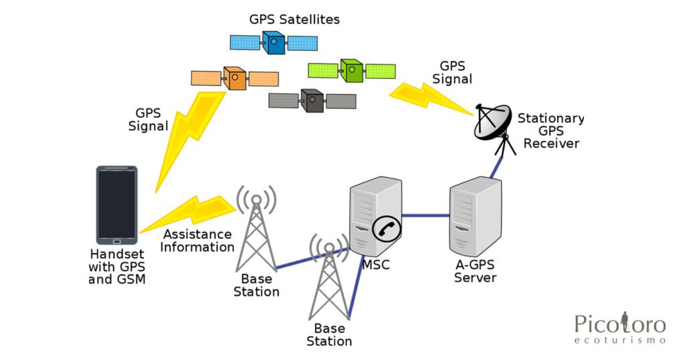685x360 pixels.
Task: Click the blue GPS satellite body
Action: coord(274,42)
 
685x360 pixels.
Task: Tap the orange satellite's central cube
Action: coord(235,78)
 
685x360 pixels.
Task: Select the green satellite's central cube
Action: coord(352,71)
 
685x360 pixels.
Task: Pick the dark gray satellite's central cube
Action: coord(312,100)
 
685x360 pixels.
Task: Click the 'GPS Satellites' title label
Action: coord(294,19)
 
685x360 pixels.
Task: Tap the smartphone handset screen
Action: coord(116,204)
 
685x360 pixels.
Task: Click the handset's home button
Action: coord(116,241)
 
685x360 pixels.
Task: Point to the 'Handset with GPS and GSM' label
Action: coord(117,266)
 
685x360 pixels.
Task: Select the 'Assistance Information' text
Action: coord(197,241)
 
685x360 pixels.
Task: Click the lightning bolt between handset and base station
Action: coord(188,213)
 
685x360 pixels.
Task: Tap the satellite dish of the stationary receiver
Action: coord(493,122)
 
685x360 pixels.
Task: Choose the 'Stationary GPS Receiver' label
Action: coord(551,130)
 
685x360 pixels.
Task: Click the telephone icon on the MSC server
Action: coord(387,228)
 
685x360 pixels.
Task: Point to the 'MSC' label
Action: coord(376,264)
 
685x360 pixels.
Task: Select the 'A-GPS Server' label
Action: coord(476,271)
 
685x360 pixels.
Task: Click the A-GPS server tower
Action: coord(476,216)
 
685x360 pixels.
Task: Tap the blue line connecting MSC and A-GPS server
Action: coord(425,215)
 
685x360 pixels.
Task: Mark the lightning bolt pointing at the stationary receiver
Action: coord(430,98)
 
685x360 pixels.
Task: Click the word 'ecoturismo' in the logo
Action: coord(620,340)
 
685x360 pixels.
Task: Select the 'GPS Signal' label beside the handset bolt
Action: coord(148,120)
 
